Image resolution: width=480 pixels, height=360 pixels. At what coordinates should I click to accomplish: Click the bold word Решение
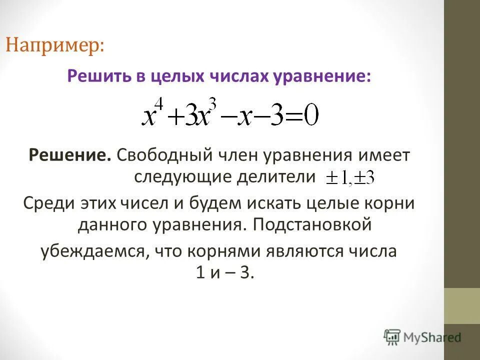[70, 155]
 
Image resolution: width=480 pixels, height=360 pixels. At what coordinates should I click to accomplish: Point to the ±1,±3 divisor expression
[350, 178]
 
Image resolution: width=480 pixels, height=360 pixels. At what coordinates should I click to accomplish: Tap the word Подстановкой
[312, 225]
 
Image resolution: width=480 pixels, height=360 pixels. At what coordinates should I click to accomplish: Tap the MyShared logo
[422, 337]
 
